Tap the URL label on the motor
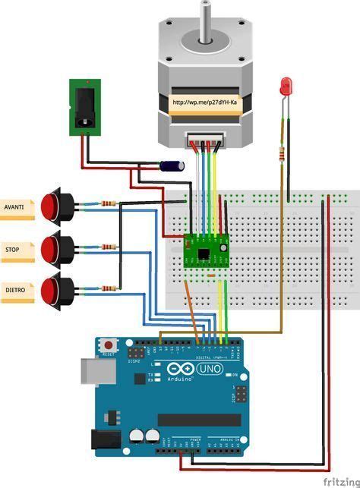coord(205,101)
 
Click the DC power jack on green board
coord(84,107)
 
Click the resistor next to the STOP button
coord(109,247)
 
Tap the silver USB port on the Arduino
coord(93,371)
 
